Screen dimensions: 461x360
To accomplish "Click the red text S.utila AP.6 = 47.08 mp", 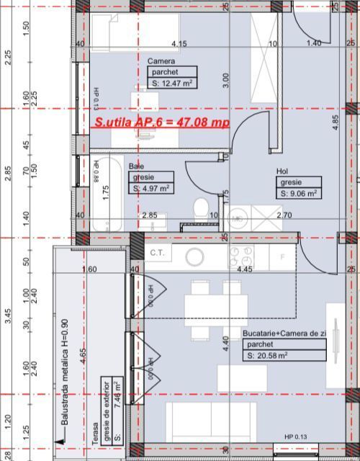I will [x=162, y=122].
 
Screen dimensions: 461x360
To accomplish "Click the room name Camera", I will [x=161, y=61].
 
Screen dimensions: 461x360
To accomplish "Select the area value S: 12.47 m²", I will [x=173, y=84].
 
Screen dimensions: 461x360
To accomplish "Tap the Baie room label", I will [x=137, y=166].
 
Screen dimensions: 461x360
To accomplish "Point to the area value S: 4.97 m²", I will [x=151, y=189].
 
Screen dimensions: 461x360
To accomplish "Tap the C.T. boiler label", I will [x=158, y=253].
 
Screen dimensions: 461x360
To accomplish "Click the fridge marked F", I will [x=282, y=256].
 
